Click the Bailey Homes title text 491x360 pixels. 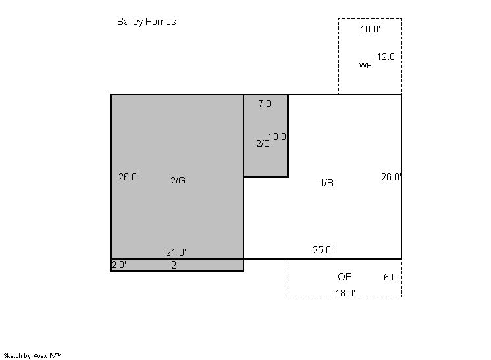point(146,22)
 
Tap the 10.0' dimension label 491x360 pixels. point(370,29)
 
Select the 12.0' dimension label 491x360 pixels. point(387,57)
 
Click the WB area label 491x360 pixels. point(365,65)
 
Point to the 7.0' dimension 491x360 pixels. point(265,103)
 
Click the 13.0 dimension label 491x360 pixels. point(277,136)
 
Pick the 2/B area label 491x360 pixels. point(263,143)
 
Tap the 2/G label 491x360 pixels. point(178,180)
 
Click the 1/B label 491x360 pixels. point(326,182)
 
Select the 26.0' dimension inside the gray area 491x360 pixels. point(128,177)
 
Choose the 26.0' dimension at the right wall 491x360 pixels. point(391,177)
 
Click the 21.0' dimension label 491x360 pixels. point(176,252)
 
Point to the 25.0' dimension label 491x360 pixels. point(323,250)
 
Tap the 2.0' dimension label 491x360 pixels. point(119,265)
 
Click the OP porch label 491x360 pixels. point(344,276)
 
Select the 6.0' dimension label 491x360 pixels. point(391,277)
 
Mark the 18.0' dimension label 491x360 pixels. point(346,293)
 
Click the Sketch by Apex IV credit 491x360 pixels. point(32,355)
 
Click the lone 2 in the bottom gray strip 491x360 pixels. point(174,265)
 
